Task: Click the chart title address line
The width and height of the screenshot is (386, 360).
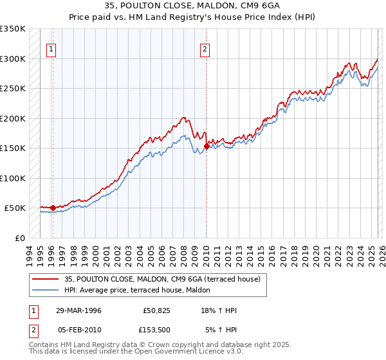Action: pyautogui.click(x=192, y=6)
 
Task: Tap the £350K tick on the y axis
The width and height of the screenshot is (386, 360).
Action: pyautogui.click(x=13, y=29)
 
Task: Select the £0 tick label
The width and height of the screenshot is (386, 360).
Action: pyautogui.click(x=19, y=238)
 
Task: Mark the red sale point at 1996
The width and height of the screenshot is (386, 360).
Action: pyautogui.click(x=53, y=208)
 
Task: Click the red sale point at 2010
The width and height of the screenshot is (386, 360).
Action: pyautogui.click(x=206, y=147)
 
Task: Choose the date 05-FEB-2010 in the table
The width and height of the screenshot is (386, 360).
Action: pyautogui.click(x=78, y=330)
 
